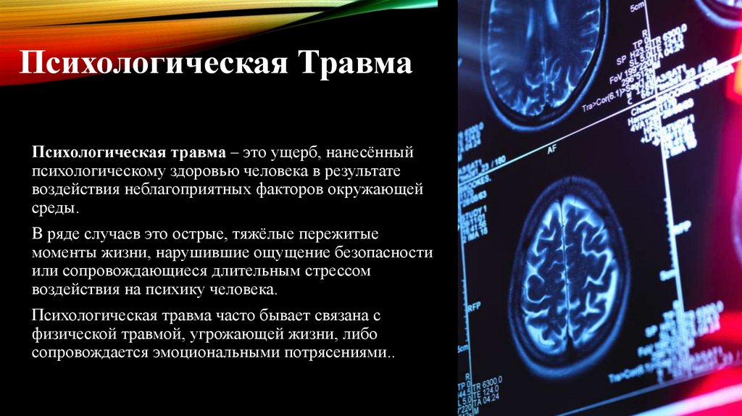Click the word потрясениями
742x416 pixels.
pos(347,352)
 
